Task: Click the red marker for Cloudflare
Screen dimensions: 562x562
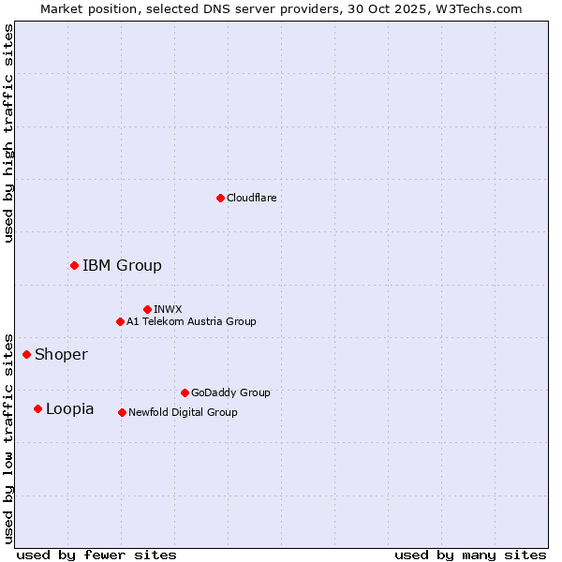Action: click(x=220, y=198)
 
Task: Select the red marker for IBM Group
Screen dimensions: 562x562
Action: click(x=74, y=265)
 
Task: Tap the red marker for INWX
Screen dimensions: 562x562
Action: click(x=147, y=309)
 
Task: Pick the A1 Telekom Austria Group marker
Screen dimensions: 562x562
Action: click(x=120, y=321)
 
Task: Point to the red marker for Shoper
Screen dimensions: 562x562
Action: click(x=26, y=354)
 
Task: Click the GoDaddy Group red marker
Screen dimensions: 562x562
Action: click(x=185, y=392)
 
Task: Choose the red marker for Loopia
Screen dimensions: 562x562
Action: click(x=37, y=408)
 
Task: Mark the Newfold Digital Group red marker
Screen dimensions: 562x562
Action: click(x=122, y=412)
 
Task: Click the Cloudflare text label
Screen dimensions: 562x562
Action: click(x=252, y=198)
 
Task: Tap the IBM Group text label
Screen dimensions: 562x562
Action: click(x=122, y=265)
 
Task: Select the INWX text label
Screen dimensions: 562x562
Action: click(x=168, y=309)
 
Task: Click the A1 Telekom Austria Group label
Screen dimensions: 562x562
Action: click(x=191, y=321)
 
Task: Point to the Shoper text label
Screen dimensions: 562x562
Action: click(x=61, y=354)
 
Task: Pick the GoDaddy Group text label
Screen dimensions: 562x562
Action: click(x=230, y=392)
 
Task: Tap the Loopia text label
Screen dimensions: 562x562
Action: click(x=69, y=408)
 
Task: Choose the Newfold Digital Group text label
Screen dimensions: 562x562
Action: click(x=183, y=412)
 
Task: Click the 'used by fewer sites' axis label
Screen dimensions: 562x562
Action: click(x=96, y=555)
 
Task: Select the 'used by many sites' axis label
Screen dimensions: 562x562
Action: click(x=470, y=555)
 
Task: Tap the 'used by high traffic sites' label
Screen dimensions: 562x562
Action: click(x=8, y=133)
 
